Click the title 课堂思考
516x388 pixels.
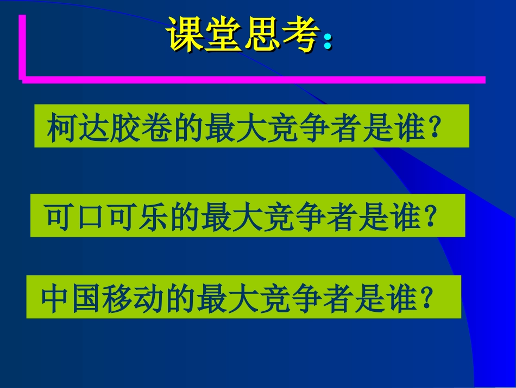point(242,34)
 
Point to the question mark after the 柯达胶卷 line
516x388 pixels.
point(434,128)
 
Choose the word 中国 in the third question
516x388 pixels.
point(73,299)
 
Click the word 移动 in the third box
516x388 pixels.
point(137,299)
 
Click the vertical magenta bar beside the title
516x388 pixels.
point(22,46)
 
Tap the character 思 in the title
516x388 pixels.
point(261,34)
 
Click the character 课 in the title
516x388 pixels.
point(185,34)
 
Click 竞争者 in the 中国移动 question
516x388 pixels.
point(310,299)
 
